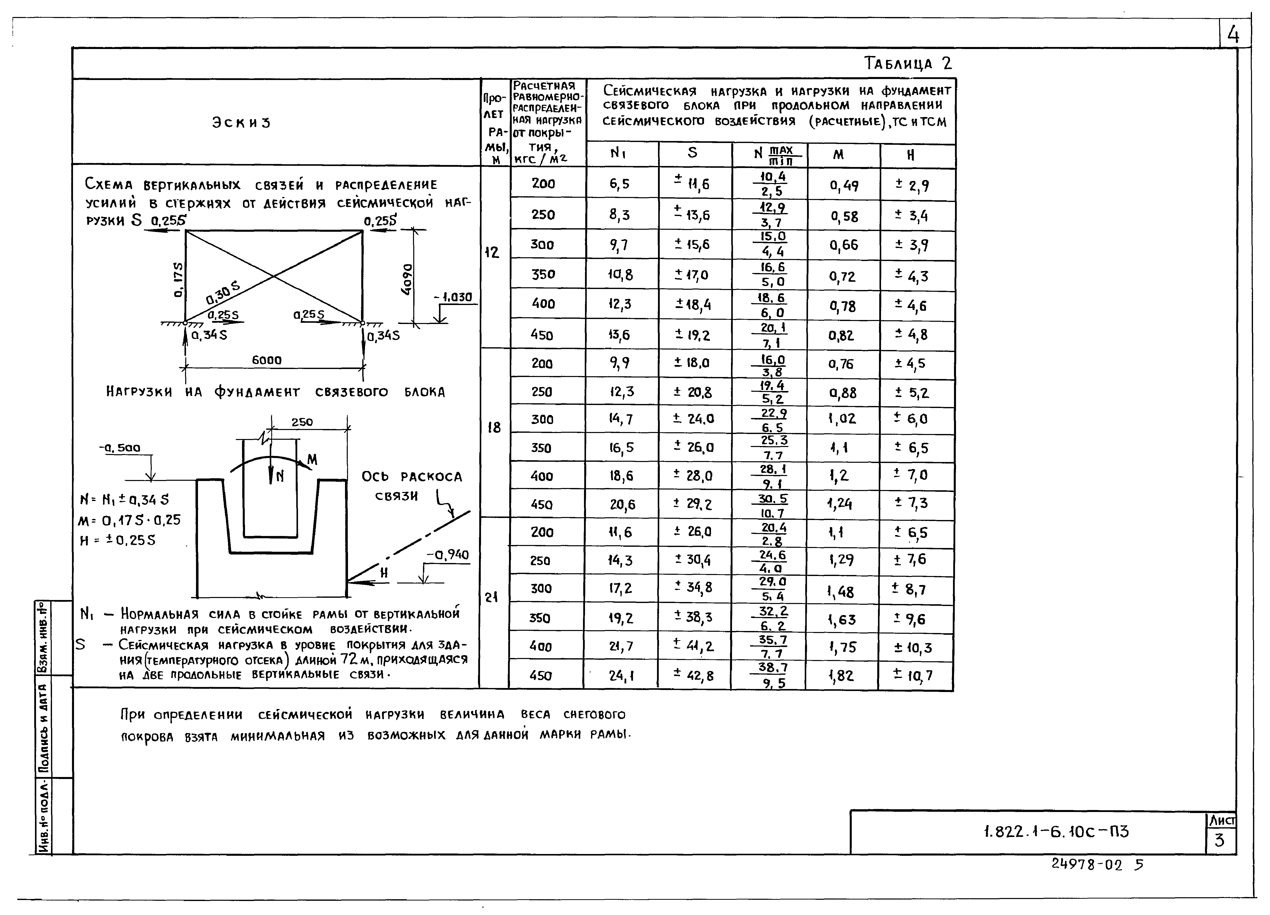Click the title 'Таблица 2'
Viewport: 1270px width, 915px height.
coord(907,63)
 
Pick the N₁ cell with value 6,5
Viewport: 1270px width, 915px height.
coord(619,184)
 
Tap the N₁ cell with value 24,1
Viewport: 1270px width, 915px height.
coord(621,676)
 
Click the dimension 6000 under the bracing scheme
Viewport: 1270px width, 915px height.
coord(266,360)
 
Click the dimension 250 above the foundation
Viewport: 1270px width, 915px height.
coord(302,422)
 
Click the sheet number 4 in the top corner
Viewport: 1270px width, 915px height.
coord(1233,35)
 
